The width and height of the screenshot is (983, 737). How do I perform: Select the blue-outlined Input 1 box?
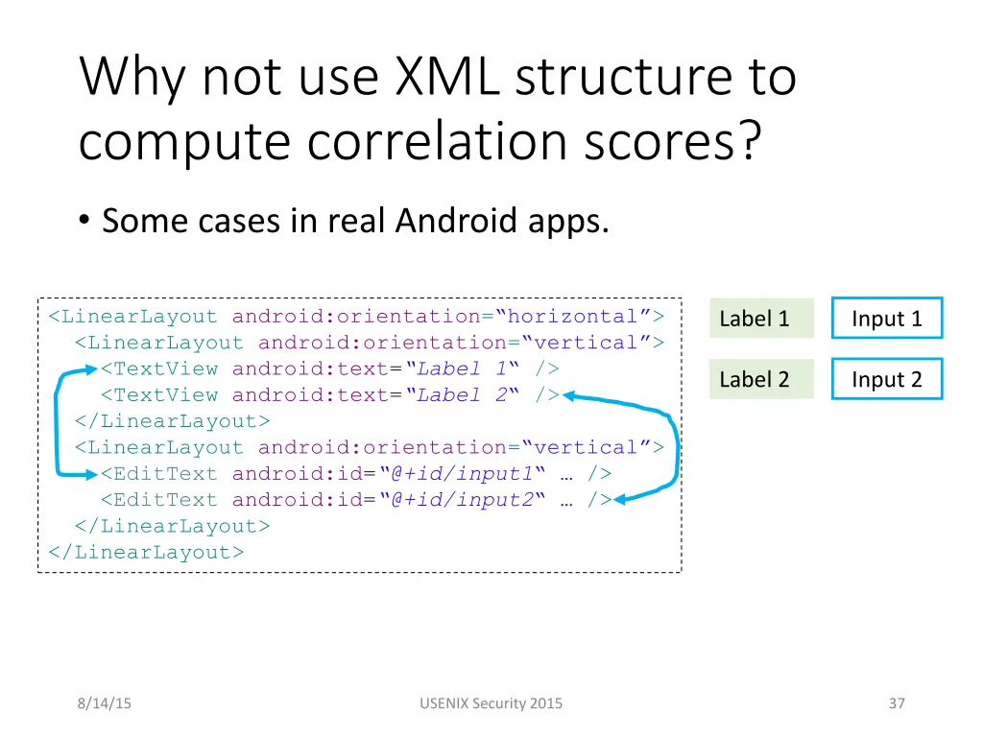[886, 319]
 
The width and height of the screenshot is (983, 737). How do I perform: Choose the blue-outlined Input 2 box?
[886, 379]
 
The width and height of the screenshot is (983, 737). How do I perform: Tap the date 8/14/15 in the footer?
[106, 703]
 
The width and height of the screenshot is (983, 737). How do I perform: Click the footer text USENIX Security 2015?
[491, 703]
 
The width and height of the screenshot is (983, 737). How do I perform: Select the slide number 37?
[897, 703]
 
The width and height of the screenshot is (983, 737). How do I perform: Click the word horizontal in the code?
[573, 317]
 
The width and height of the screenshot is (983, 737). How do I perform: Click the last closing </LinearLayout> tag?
[146, 552]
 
